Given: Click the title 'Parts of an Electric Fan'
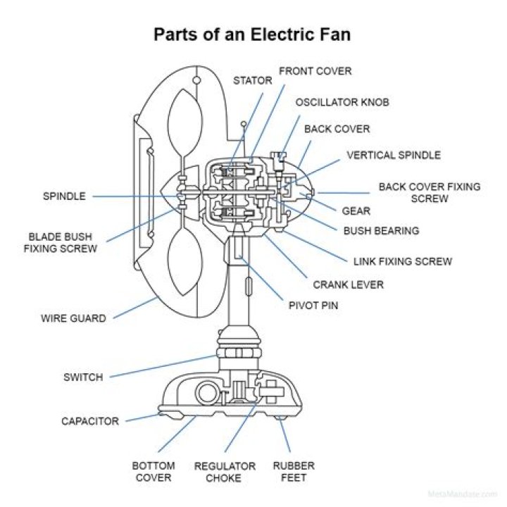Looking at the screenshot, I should click(253, 35).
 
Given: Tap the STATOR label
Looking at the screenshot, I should click(252, 81).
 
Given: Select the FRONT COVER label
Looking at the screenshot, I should click(315, 71).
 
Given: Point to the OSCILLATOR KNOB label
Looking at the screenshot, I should click(342, 102).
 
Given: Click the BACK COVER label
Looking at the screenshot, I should click(337, 129).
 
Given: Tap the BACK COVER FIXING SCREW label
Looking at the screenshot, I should click(429, 193).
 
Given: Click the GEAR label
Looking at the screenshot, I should click(356, 211).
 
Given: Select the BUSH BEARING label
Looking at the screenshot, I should click(381, 230).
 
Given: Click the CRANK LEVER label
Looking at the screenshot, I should click(348, 284).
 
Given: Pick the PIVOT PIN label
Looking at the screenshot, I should click(313, 306).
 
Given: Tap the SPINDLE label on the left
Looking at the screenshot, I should click(64, 196).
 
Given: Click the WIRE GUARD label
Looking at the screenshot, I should click(73, 318).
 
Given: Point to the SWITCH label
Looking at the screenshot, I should click(82, 377).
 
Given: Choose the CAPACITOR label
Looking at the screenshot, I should click(89, 421).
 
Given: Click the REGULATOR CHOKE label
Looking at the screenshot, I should click(225, 472).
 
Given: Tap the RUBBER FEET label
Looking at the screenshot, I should click(294, 472).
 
